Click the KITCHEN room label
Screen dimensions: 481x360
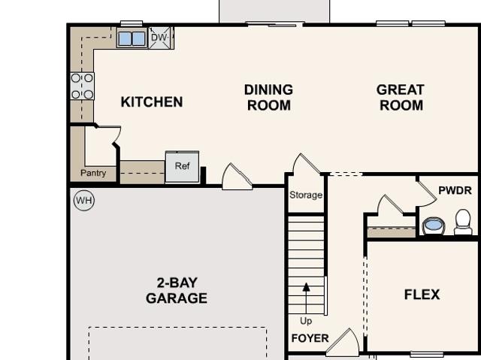coord(152,101)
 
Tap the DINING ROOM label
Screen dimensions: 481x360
coord(269,98)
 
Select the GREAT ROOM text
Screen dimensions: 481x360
coord(401,98)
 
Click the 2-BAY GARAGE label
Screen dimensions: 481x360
coord(177,290)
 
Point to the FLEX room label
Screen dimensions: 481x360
coord(422,295)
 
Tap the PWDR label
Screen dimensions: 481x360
coord(455,190)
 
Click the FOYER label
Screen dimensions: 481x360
coord(310,338)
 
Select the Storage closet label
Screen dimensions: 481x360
coord(306,195)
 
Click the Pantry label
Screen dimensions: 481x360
coord(93,173)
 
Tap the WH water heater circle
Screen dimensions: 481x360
coord(84,201)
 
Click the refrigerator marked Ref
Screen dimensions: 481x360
coord(182,167)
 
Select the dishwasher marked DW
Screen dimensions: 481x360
coord(161,38)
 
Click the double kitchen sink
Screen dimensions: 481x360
coord(132,39)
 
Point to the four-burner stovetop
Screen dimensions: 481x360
coord(82,86)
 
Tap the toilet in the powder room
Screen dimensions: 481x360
coord(463,222)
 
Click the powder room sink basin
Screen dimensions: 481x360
coord(433,225)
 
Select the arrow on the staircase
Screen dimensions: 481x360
coord(306,298)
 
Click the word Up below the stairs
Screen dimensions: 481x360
coord(306,321)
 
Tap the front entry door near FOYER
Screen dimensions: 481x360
coord(343,342)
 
